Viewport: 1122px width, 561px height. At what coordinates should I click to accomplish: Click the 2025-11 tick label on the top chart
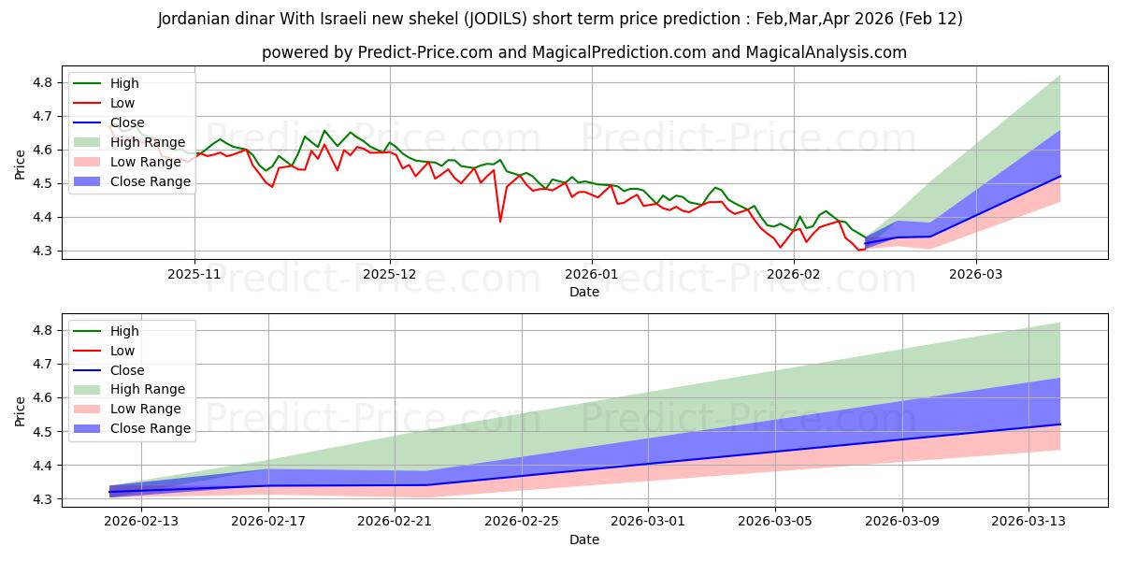pos(194,274)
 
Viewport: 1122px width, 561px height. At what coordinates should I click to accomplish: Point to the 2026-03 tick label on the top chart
pos(975,274)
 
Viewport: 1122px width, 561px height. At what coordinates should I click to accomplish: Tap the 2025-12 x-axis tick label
pos(390,274)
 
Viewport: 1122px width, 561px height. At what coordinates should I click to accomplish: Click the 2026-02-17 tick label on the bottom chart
pos(268,522)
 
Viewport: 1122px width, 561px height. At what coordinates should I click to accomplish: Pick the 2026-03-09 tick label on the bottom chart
pos(902,522)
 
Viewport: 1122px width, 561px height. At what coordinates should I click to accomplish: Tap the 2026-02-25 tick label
pos(522,522)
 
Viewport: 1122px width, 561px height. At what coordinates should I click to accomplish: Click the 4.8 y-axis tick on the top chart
pos(43,82)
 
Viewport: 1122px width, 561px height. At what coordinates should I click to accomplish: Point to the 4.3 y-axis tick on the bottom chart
pos(43,499)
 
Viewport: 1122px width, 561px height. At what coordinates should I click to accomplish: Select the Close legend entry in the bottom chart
pos(127,370)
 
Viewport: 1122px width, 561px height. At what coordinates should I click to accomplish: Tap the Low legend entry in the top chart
pos(122,103)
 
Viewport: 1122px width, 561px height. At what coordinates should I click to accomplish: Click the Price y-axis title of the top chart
pos(20,165)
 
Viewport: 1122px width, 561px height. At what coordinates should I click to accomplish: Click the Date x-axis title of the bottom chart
pos(584,539)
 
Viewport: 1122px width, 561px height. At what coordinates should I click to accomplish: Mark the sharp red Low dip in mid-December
pos(500,221)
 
